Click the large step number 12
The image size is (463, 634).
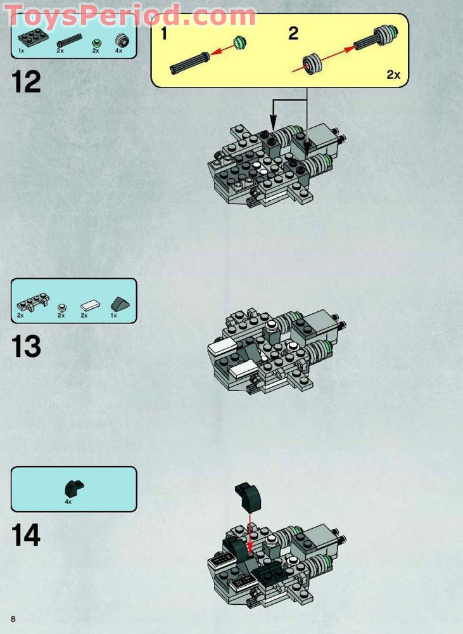(x=26, y=82)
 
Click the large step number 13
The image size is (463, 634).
(x=26, y=347)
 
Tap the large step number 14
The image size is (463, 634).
(x=26, y=535)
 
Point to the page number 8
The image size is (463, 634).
(x=13, y=619)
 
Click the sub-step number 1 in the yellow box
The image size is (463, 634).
(x=164, y=33)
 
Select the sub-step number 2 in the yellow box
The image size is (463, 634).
(x=293, y=33)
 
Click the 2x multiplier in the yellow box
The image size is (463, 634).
(x=393, y=74)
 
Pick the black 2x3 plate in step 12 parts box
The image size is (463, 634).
(x=33, y=39)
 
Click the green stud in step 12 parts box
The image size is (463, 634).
(x=96, y=42)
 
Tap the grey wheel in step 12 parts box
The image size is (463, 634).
(x=122, y=41)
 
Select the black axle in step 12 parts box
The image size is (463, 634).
(x=68, y=39)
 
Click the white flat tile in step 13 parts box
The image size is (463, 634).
(x=90, y=306)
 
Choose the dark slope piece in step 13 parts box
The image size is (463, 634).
(x=119, y=303)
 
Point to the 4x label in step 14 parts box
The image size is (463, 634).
(x=68, y=501)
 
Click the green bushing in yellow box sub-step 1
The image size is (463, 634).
(x=239, y=42)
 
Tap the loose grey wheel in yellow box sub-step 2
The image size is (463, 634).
(x=313, y=63)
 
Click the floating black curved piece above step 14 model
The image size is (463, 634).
(x=248, y=496)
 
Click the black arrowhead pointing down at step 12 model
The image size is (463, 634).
(x=274, y=120)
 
